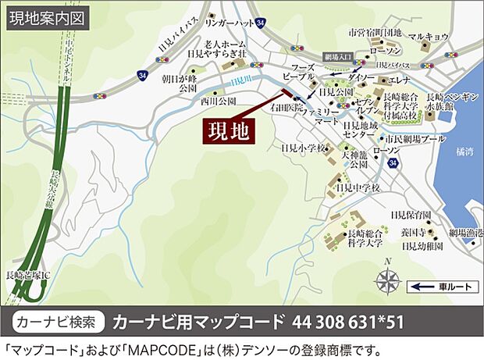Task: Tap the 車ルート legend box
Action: pos(443,287)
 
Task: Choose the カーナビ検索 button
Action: pos(59,321)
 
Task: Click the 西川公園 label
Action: pos(218,102)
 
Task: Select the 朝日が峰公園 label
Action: pos(177,84)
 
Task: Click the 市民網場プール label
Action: pos(415,139)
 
